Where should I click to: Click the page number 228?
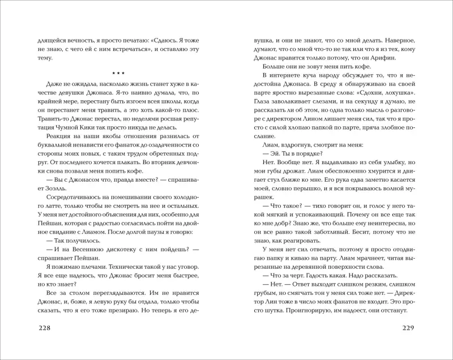click(44, 329)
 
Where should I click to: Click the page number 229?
click(409, 329)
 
